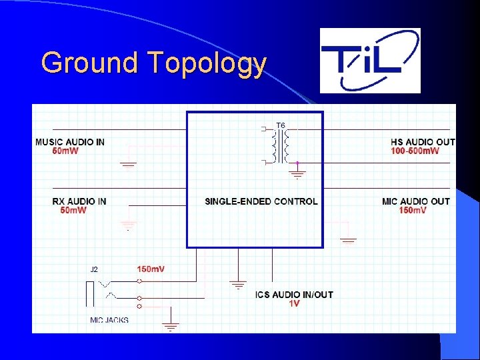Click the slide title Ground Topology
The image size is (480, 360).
(153, 63)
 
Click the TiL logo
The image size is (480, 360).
(370, 60)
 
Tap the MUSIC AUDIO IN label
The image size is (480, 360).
(69, 142)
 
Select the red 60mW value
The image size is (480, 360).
(65, 151)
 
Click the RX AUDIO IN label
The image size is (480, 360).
(79, 201)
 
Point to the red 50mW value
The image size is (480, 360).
(73, 211)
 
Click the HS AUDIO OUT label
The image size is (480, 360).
(423, 142)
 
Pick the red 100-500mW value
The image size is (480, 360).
(415, 151)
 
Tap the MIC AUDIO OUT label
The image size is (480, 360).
(416, 201)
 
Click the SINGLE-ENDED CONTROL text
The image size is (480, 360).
(261, 201)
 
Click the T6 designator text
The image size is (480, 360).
(281, 125)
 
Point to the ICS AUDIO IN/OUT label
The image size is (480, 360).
(294, 295)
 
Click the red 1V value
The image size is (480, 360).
(294, 304)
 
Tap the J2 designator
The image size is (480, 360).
(94, 269)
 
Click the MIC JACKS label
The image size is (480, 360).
(109, 320)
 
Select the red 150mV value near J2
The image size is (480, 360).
(151, 269)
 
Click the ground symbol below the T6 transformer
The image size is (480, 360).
(298, 175)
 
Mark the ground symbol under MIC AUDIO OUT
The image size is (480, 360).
(348, 239)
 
